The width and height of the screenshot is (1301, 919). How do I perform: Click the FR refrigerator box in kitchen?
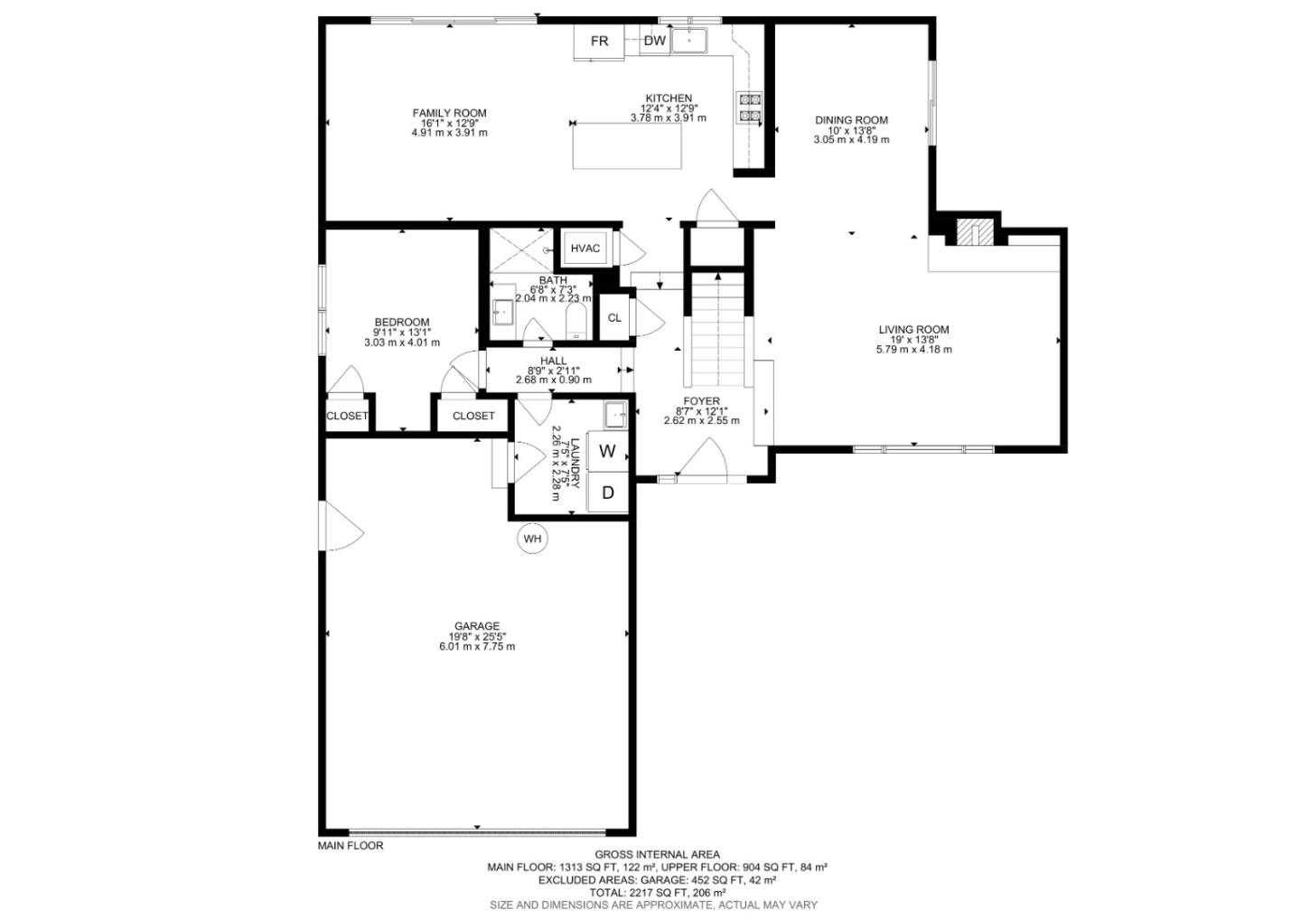(599, 42)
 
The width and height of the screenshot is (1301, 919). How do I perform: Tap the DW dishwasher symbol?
(655, 41)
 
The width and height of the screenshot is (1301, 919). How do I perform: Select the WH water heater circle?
(532, 539)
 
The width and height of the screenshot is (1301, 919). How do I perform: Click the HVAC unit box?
(585, 249)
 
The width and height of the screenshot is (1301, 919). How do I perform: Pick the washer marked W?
(608, 451)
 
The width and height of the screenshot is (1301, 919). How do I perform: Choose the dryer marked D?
(608, 492)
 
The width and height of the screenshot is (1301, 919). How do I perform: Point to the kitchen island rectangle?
(627, 146)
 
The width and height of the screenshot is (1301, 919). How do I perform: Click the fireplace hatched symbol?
(969, 232)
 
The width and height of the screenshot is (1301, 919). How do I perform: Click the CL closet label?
(614, 318)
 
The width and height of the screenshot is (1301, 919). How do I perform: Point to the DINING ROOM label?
(851, 120)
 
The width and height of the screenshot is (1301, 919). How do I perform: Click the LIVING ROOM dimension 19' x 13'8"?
(913, 340)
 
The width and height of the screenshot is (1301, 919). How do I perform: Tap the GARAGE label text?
(476, 626)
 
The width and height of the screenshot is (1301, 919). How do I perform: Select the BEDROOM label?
(402, 323)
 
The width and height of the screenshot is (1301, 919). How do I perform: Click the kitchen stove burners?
(750, 108)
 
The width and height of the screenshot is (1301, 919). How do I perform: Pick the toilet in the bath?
(575, 321)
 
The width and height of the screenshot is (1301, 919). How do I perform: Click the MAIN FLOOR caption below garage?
(351, 846)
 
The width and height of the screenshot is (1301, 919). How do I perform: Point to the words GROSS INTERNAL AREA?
(657, 854)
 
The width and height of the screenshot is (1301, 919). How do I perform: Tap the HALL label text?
(553, 361)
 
